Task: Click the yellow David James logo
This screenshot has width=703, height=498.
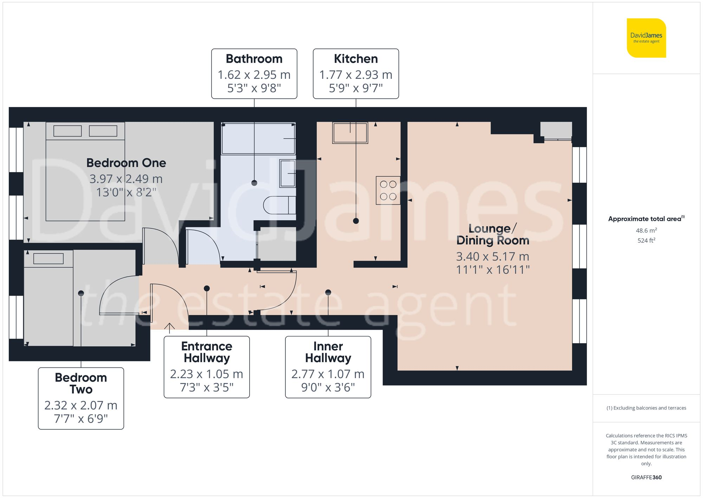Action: click(x=646, y=38)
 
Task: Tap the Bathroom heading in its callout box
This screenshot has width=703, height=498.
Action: click(x=254, y=59)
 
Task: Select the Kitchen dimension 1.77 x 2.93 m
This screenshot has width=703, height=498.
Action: click(x=355, y=75)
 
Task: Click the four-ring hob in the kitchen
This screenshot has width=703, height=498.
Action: click(x=388, y=190)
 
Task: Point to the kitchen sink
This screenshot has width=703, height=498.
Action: click(x=350, y=133)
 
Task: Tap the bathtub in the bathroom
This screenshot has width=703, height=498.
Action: click(x=258, y=138)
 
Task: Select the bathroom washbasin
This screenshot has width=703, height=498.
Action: click(x=287, y=173)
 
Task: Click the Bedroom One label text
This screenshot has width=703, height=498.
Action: click(x=126, y=163)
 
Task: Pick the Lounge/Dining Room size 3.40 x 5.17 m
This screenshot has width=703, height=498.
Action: click(x=492, y=257)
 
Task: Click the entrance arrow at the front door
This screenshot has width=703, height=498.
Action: click(x=169, y=328)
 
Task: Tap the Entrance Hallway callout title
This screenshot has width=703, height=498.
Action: click(x=207, y=352)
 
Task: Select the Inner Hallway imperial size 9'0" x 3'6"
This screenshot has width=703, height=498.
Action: click(x=328, y=387)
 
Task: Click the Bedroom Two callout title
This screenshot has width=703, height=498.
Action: click(x=81, y=383)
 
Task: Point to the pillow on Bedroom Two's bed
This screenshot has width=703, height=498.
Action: click(x=49, y=259)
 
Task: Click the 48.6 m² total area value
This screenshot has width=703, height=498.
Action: click(x=646, y=231)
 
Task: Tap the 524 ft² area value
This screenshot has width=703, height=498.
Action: click(x=646, y=240)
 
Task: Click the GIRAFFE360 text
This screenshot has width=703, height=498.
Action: click(x=646, y=478)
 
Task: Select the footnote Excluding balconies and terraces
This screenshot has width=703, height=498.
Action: click(x=646, y=408)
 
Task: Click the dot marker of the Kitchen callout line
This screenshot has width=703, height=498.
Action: click(x=356, y=221)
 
